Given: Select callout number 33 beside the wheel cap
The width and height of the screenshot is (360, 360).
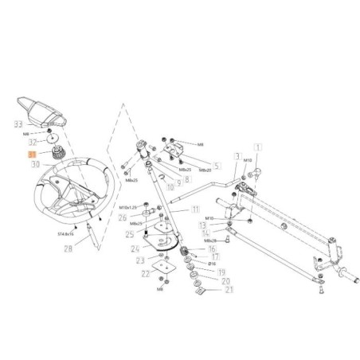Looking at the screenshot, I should (x=18, y=123).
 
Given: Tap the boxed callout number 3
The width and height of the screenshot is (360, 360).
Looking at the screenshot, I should (x=237, y=157).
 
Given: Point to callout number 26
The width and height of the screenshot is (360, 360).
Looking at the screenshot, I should (x=122, y=217).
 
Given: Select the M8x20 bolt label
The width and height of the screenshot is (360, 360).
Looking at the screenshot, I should (x=203, y=170).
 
